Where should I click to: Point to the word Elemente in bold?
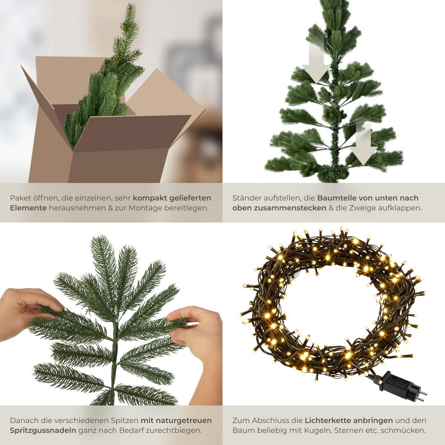click(x=28, y=208)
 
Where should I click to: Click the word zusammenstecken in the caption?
click(x=289, y=208)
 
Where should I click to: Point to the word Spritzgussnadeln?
click(x=43, y=430)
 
